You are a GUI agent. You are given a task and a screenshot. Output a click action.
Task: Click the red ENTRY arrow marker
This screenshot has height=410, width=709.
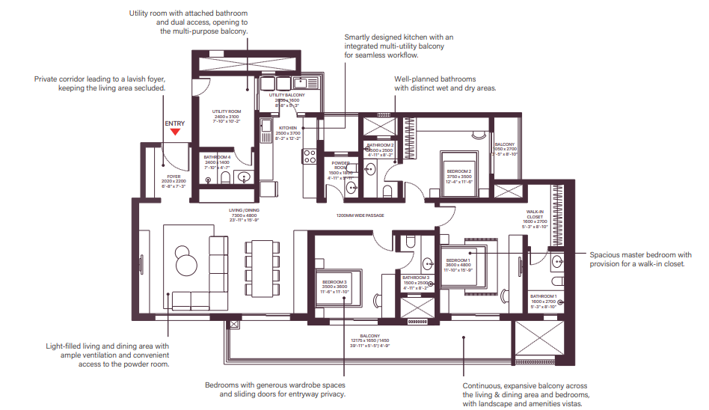point(175,132)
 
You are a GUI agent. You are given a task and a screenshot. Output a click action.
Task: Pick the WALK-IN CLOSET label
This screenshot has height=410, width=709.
point(534,217)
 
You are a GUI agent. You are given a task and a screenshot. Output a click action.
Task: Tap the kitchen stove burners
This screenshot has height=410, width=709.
point(310,156)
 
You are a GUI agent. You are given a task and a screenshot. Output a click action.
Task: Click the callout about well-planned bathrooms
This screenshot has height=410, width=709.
point(446,83)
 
